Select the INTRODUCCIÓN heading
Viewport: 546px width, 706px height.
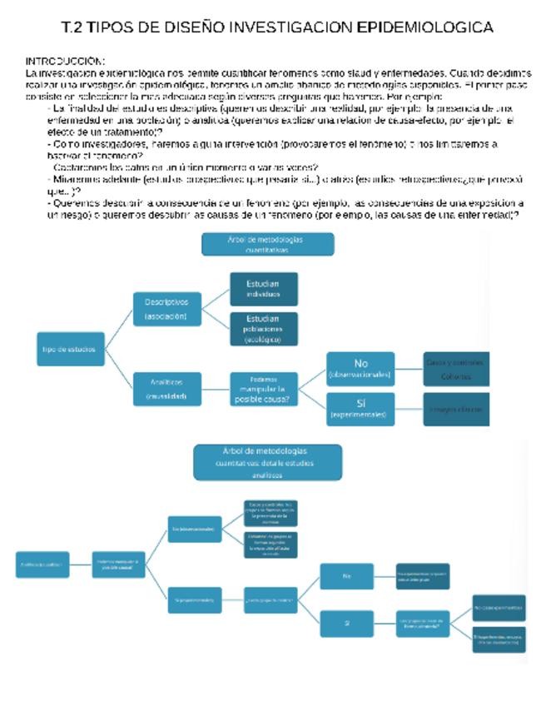tap(65, 62)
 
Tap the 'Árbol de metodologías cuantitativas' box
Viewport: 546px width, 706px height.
tap(268, 244)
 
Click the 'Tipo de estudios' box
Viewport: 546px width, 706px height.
tap(69, 349)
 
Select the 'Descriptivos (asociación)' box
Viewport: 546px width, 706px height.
tap(166, 309)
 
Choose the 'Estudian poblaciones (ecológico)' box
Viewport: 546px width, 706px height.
tap(263, 329)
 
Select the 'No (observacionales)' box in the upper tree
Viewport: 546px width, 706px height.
tap(360, 369)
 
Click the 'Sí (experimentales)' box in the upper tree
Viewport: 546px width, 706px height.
tap(360, 409)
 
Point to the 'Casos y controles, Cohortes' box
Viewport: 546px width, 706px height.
tap(454, 369)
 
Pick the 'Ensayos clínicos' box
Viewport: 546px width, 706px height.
tap(454, 410)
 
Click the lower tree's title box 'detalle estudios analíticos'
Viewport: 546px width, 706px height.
tap(268, 462)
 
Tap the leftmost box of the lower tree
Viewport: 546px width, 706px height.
tap(42, 564)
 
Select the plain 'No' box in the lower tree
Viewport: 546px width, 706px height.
tap(346, 575)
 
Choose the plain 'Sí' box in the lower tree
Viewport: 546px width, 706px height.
tap(346, 623)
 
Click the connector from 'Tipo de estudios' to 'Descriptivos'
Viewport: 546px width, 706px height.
tap(119, 329)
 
